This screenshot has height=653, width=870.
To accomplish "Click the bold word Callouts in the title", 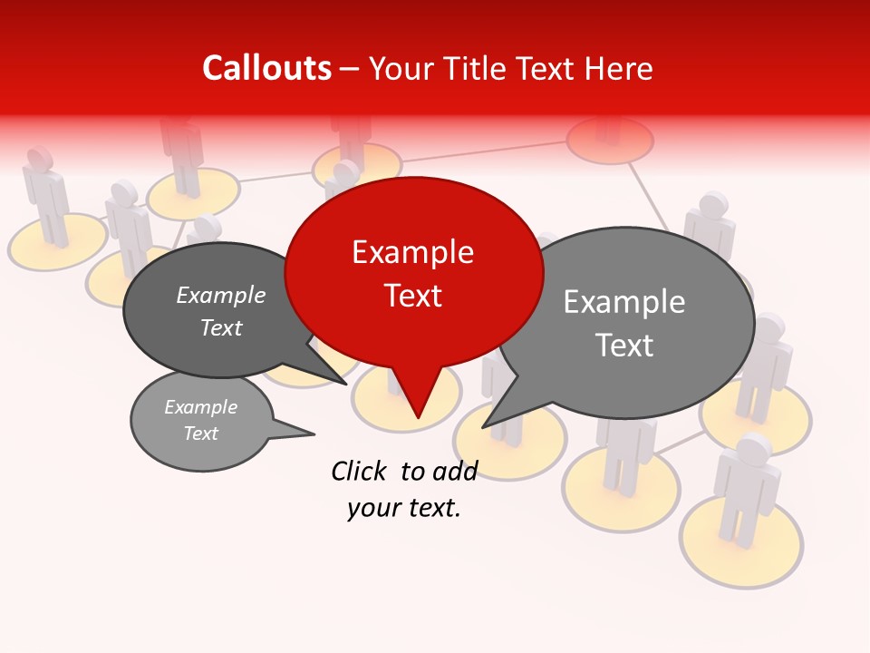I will point(266,68).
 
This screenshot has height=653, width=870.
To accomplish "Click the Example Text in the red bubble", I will point(413,273).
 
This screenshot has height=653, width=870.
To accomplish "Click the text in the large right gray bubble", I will point(624,323).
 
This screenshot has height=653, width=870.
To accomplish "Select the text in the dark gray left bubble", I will point(221,311).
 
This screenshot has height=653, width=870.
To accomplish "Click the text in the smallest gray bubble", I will point(201,420).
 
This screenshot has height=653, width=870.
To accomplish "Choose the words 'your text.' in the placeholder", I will point(404,508).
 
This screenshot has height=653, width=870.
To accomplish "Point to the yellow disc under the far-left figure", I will point(54,243).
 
